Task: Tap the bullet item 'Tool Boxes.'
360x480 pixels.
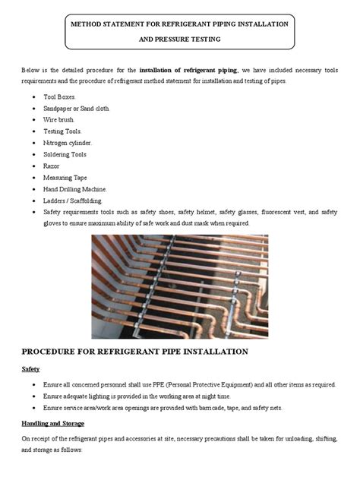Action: (71, 99)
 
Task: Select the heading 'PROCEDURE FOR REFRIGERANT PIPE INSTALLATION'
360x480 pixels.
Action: (134, 352)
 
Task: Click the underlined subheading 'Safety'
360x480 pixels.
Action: (30, 369)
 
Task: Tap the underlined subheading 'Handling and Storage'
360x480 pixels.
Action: (52, 422)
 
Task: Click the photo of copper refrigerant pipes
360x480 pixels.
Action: (179, 287)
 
